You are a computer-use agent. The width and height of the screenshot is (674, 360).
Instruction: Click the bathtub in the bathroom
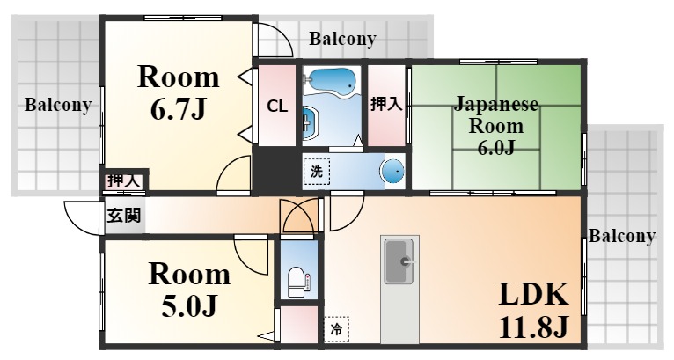[x=332, y=81]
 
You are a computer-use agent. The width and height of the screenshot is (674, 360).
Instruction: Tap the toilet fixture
[x=297, y=282]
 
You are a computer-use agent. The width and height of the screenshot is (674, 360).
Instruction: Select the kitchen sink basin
[x=399, y=261]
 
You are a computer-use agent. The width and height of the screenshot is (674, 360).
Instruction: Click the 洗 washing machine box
[x=317, y=172]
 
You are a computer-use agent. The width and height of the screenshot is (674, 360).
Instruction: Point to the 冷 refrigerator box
[x=336, y=330]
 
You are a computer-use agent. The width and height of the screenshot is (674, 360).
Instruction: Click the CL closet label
[x=277, y=106]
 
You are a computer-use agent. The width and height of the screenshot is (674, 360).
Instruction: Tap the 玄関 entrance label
[x=124, y=215]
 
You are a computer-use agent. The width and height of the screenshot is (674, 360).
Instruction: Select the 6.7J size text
[x=179, y=110]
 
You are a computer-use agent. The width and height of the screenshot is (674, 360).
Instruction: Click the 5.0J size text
[x=189, y=306]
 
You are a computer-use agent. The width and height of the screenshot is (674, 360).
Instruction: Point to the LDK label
[x=533, y=294]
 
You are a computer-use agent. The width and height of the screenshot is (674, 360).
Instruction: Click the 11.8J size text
[x=533, y=327]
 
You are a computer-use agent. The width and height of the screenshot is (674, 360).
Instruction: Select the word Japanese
[x=496, y=105]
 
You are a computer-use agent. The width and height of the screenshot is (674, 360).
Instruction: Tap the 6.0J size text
[x=496, y=148]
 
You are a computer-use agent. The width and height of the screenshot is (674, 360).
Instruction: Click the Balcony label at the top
[x=342, y=39]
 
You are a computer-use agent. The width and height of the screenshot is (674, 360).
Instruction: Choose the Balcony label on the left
[x=58, y=105]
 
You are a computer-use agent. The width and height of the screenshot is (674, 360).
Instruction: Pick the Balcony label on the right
[x=621, y=236]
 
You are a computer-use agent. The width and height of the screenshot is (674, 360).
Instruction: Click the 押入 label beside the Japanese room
[x=386, y=104]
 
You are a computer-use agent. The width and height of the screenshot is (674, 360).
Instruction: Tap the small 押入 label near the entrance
[x=124, y=181]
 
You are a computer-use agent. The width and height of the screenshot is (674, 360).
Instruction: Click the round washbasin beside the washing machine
[x=393, y=171]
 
